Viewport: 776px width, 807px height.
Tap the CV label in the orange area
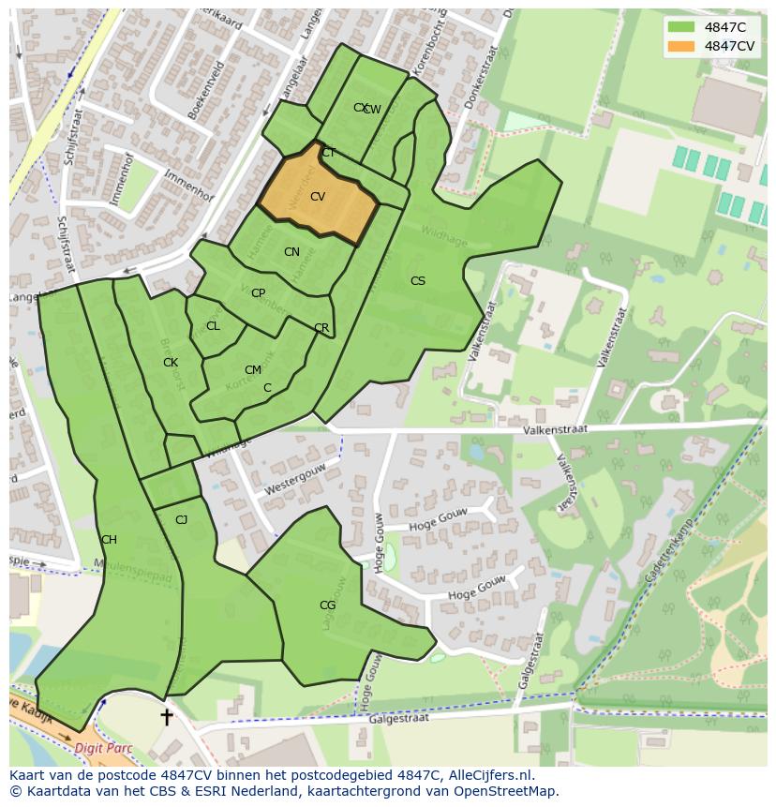pyautogui.click(x=318, y=197)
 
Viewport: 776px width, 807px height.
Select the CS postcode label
pyautogui.click(x=418, y=281)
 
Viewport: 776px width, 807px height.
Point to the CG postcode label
pyautogui.click(x=327, y=605)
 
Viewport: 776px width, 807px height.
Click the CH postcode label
pyautogui.click(x=109, y=540)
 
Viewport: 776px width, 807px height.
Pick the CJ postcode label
pyautogui.click(x=182, y=520)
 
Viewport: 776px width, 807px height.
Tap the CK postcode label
pyautogui.click(x=171, y=363)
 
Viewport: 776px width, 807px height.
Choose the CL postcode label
pyautogui.click(x=213, y=326)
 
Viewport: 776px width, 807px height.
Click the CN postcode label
pyautogui.click(x=291, y=252)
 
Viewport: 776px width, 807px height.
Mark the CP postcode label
pyautogui.click(x=258, y=293)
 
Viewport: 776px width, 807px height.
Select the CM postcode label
pyautogui.click(x=253, y=370)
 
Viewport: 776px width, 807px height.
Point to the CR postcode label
pyautogui.click(x=321, y=329)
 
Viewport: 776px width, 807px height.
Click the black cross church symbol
pyautogui.click(x=167, y=717)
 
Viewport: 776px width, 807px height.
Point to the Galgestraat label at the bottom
pyautogui.click(x=398, y=719)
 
